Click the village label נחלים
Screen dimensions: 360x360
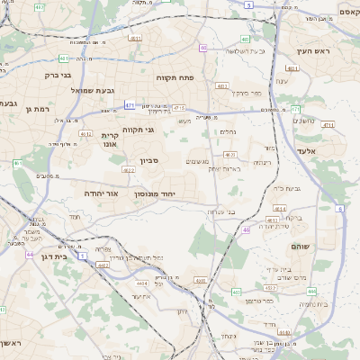229,131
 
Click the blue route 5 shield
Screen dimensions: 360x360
247,4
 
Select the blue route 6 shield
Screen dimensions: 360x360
340,209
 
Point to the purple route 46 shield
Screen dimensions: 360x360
246,230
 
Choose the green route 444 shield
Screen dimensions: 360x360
310,292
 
